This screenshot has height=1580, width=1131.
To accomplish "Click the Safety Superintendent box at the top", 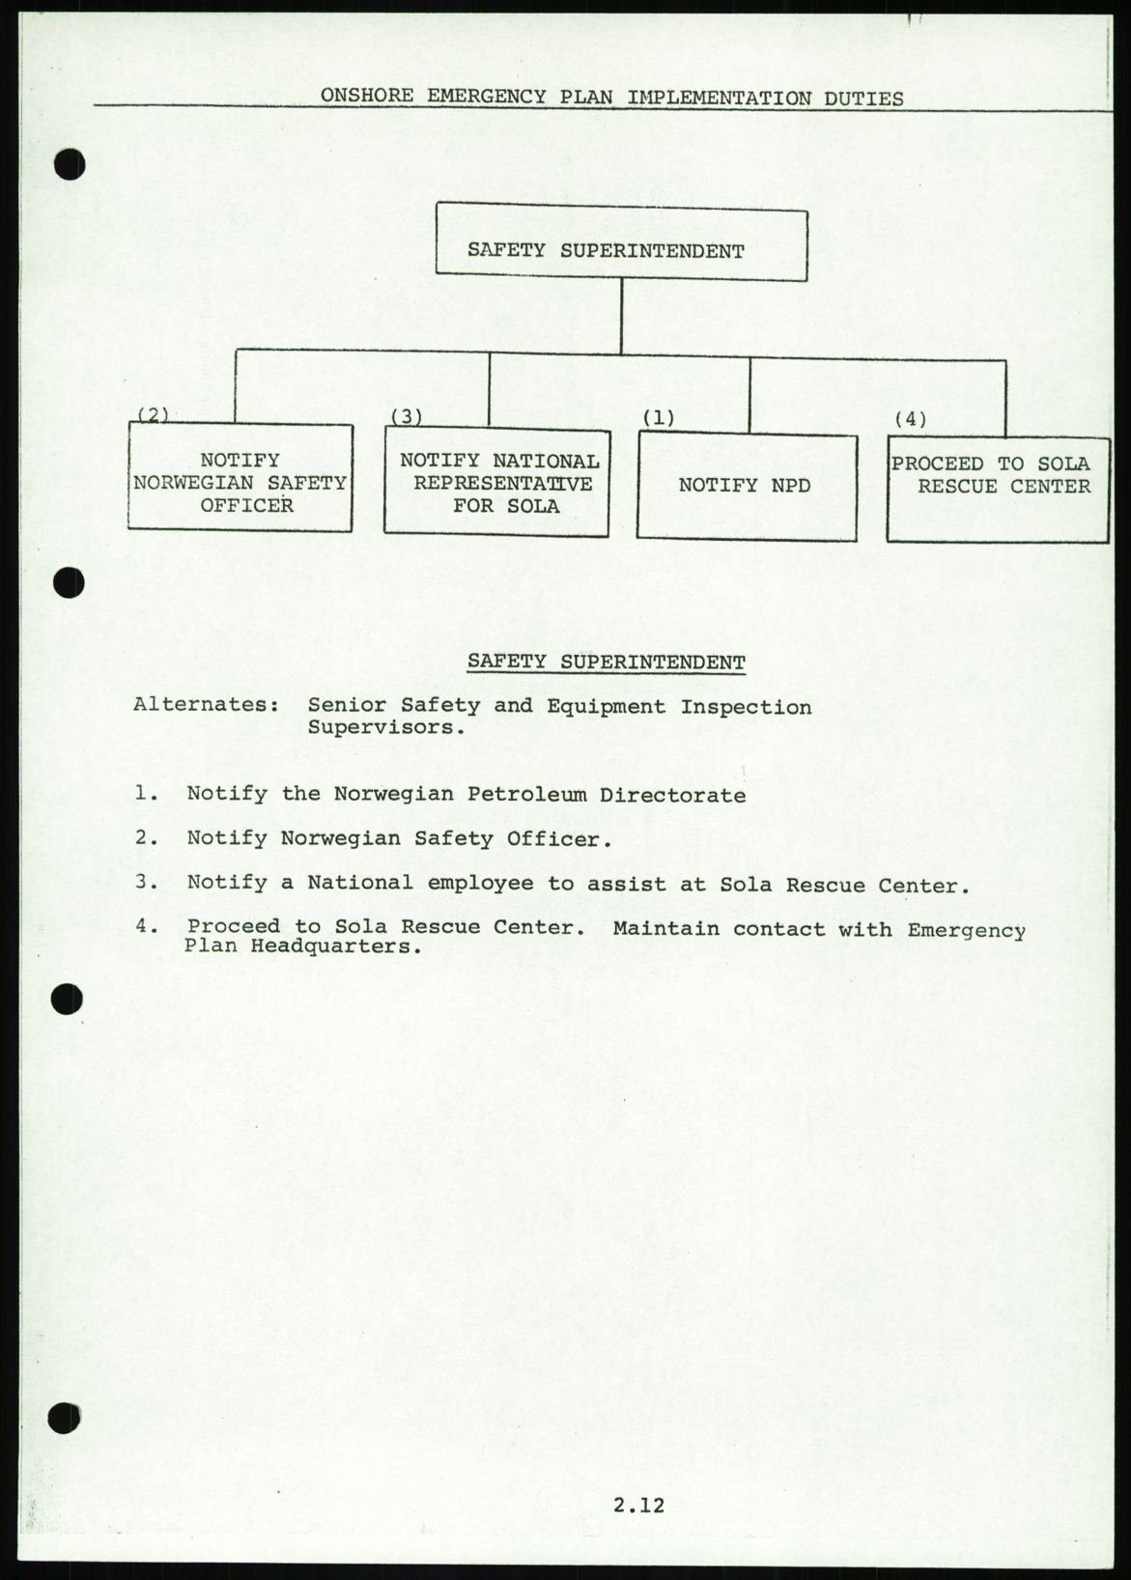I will coord(621,246).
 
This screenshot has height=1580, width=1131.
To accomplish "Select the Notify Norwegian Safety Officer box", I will coord(240,478).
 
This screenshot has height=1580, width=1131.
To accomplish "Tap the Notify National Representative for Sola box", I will coord(496,482).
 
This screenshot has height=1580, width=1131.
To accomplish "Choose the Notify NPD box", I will coord(747,486).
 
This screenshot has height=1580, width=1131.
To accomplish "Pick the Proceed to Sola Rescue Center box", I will coord(998,489).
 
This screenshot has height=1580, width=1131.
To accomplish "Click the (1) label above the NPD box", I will coord(659,418).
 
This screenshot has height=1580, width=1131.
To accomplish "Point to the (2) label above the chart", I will coord(153,414).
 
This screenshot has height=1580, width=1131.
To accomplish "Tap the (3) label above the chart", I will coord(407,416).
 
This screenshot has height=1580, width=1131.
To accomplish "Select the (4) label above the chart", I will coord(910,418).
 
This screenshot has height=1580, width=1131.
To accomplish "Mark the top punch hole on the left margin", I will coord(71,165).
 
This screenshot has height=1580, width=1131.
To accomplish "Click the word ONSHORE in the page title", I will coord(367,97).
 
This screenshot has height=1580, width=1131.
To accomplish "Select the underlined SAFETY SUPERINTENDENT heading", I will coord(606,662).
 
